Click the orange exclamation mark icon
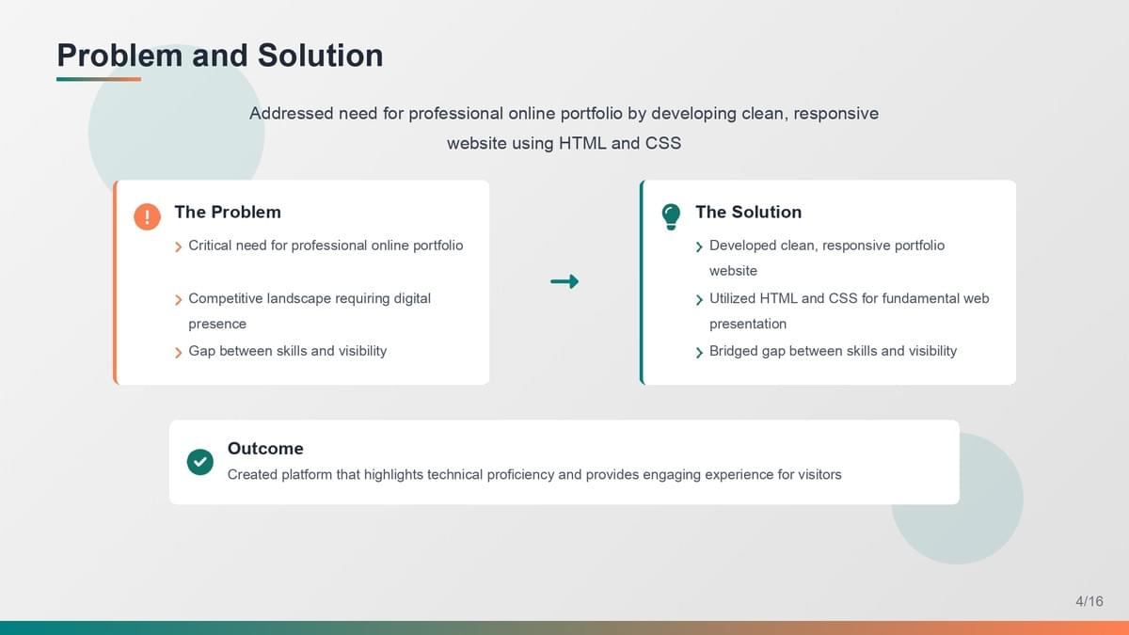pos(147,216)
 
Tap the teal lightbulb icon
pos(671,216)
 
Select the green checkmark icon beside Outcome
pos(200,462)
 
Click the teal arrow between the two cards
pos(564,281)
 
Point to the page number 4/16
pos(1089,601)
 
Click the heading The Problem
pos(228,213)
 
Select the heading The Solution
pos(749,213)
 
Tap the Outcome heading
pos(265,449)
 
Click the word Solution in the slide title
pos(321,55)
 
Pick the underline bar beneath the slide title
pos(99,79)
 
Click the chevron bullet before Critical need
pos(178,246)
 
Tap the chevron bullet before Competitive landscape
pos(178,300)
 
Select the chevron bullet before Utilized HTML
pos(699,300)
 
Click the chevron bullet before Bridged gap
pos(699,352)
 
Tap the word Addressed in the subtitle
pos(292,114)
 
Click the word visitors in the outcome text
pos(819,475)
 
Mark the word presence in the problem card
pos(217,325)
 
